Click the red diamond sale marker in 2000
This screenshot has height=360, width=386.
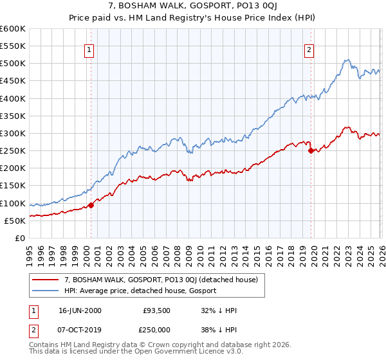coord(91,205)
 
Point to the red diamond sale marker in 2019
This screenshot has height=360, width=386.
coord(311,151)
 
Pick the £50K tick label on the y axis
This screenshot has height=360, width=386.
coord(15,221)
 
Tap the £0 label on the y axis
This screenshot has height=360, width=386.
coord(21,238)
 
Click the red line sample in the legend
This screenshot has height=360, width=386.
coord(45,280)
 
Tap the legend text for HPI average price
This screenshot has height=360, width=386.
coord(140,291)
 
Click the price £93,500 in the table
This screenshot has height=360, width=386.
coord(156,310)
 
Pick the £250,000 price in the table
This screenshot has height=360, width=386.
coord(158,330)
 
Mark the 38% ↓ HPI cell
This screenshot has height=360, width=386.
coord(219,330)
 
